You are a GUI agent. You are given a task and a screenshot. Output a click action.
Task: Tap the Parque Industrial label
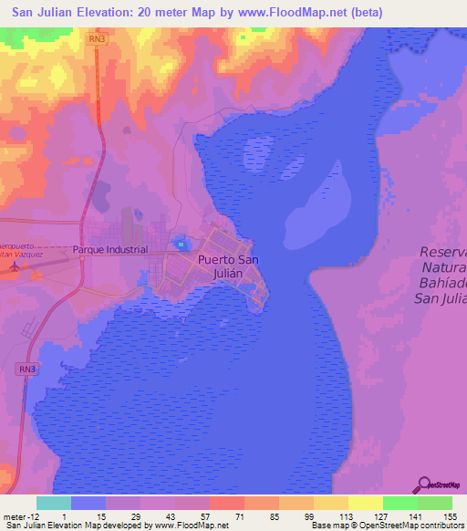tap(109, 249)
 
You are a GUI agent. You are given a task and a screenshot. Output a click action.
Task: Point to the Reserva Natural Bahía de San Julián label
tap(443, 272)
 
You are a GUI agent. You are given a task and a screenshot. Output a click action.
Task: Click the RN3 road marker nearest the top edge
tap(98, 39)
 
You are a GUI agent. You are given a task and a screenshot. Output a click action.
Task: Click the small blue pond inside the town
tap(182, 243)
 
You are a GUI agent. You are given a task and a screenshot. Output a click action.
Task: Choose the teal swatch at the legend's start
tap(53, 503)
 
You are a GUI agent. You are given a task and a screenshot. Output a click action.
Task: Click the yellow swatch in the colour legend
tap(364, 503)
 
